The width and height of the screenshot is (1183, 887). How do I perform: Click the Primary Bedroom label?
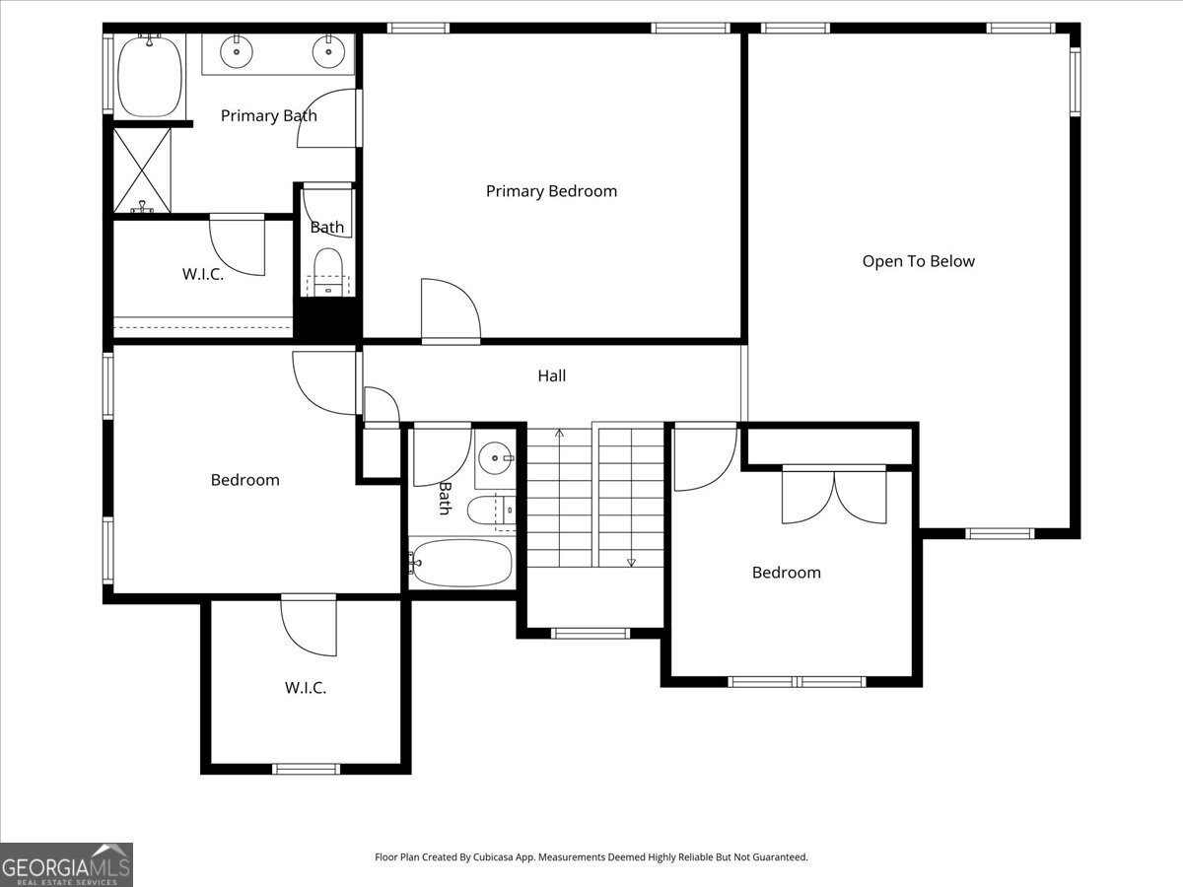click(x=551, y=191)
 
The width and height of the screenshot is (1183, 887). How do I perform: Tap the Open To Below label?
click(x=919, y=261)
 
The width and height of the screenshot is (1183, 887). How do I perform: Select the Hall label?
click(x=551, y=375)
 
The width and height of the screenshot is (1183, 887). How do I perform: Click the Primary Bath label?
click(x=268, y=115)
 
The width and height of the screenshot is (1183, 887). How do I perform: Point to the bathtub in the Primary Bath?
click(x=149, y=76)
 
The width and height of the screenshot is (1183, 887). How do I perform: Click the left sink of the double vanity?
click(x=236, y=51)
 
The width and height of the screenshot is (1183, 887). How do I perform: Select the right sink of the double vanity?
click(x=328, y=51)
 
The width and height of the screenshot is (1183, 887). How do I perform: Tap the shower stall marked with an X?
click(x=142, y=171)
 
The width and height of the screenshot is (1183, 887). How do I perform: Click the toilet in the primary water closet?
click(x=328, y=272)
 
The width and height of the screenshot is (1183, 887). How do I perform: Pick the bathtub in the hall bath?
click(x=461, y=563)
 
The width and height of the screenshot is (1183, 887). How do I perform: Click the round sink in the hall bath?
click(x=495, y=457)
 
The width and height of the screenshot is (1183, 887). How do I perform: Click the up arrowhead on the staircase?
click(x=559, y=433)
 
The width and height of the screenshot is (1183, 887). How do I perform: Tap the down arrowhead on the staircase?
click(x=631, y=562)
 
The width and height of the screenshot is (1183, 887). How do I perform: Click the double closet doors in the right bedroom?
click(x=834, y=496)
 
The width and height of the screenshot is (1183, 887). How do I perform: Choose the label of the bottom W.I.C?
click(x=305, y=688)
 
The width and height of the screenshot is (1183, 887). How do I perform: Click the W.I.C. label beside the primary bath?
click(x=203, y=274)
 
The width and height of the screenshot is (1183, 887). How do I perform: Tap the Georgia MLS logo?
click(x=66, y=865)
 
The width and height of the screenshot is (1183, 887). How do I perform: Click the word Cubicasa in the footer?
click(x=493, y=857)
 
